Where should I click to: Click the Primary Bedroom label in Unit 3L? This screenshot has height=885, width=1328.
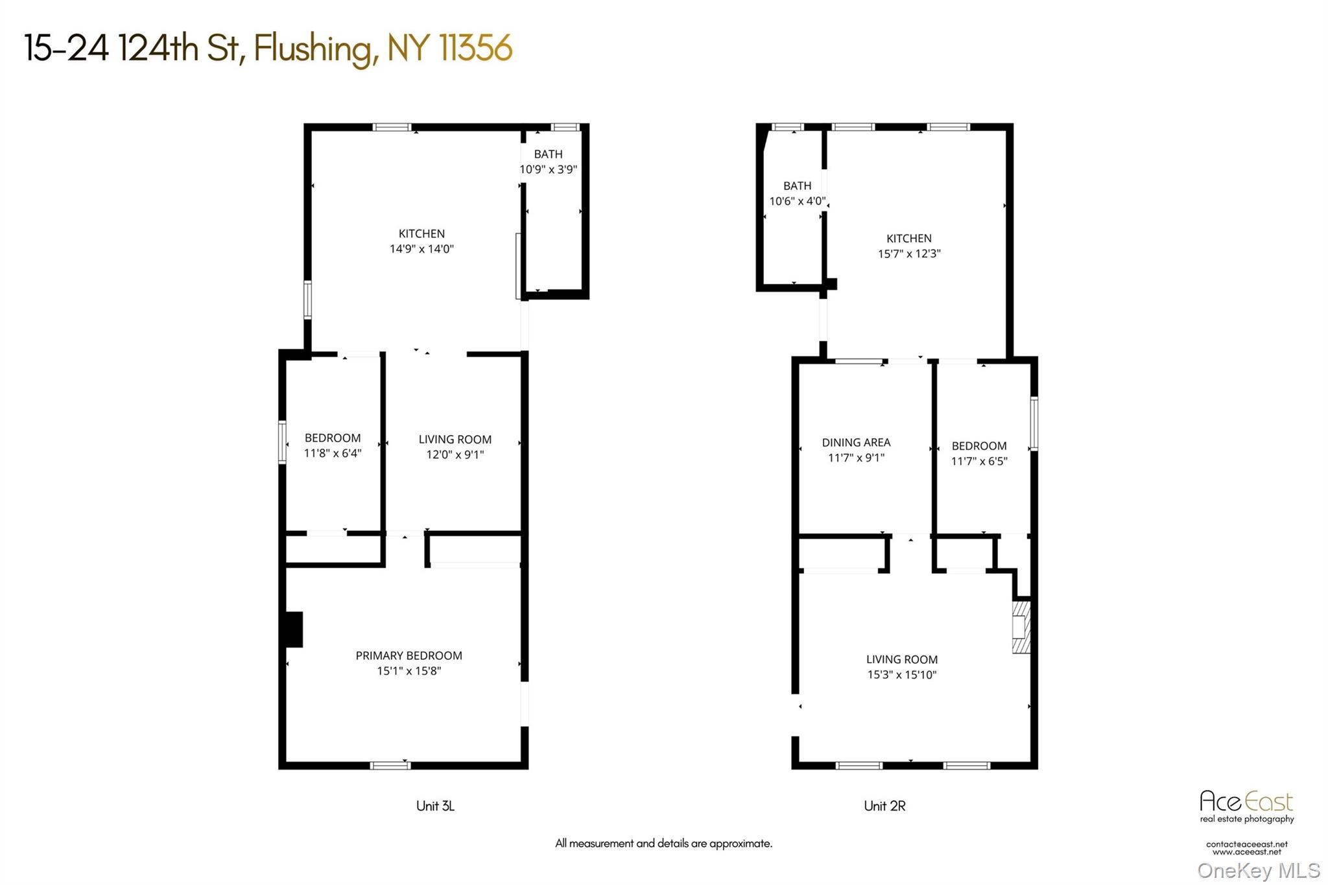point(409,655)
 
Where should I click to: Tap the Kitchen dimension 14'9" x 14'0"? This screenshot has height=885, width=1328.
point(421,249)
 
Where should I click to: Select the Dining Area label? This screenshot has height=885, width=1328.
point(856,442)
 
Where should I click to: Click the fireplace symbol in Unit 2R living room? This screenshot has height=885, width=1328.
point(1021,626)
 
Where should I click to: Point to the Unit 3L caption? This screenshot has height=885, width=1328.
point(435,806)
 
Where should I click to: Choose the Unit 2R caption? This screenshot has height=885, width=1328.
point(884,806)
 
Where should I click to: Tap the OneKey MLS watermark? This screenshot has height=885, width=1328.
point(1258,870)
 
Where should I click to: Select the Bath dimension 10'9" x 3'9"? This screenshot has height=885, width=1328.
point(548,169)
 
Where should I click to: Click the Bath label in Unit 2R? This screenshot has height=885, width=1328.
point(797,185)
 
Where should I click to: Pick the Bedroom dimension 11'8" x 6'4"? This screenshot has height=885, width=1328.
point(333,453)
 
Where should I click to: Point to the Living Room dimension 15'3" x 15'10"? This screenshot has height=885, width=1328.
point(902,675)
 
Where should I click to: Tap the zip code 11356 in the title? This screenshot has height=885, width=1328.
point(475,48)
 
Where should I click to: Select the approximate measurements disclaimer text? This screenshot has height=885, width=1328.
point(663,844)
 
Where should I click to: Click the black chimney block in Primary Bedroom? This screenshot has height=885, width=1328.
point(294,629)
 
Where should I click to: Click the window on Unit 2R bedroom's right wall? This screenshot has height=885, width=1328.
point(1034,423)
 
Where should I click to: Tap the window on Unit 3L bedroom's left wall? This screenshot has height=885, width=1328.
point(282,442)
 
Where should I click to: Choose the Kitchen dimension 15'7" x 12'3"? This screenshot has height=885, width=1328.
point(909,254)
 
